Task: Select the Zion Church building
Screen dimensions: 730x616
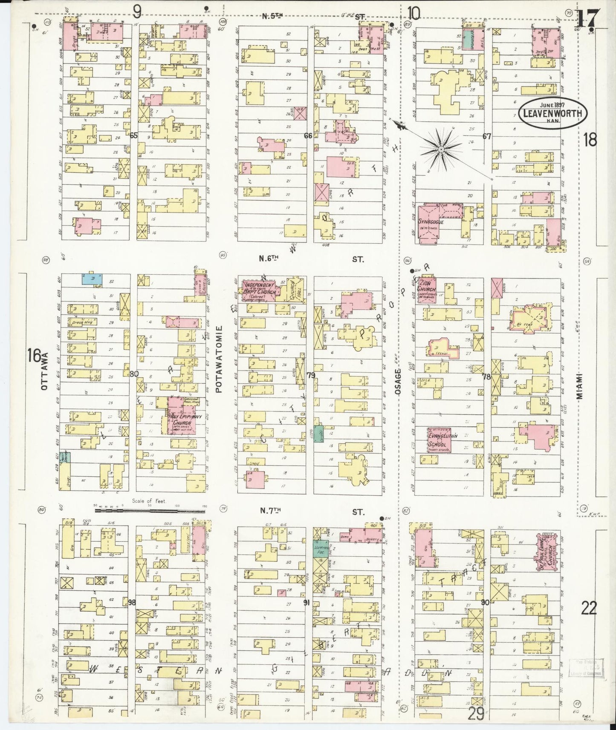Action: [427, 291]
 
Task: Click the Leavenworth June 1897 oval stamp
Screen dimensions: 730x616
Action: [552, 112]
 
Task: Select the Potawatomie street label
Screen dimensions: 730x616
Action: [220, 359]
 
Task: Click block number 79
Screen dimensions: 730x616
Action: [310, 375]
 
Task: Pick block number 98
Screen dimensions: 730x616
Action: [132, 602]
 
